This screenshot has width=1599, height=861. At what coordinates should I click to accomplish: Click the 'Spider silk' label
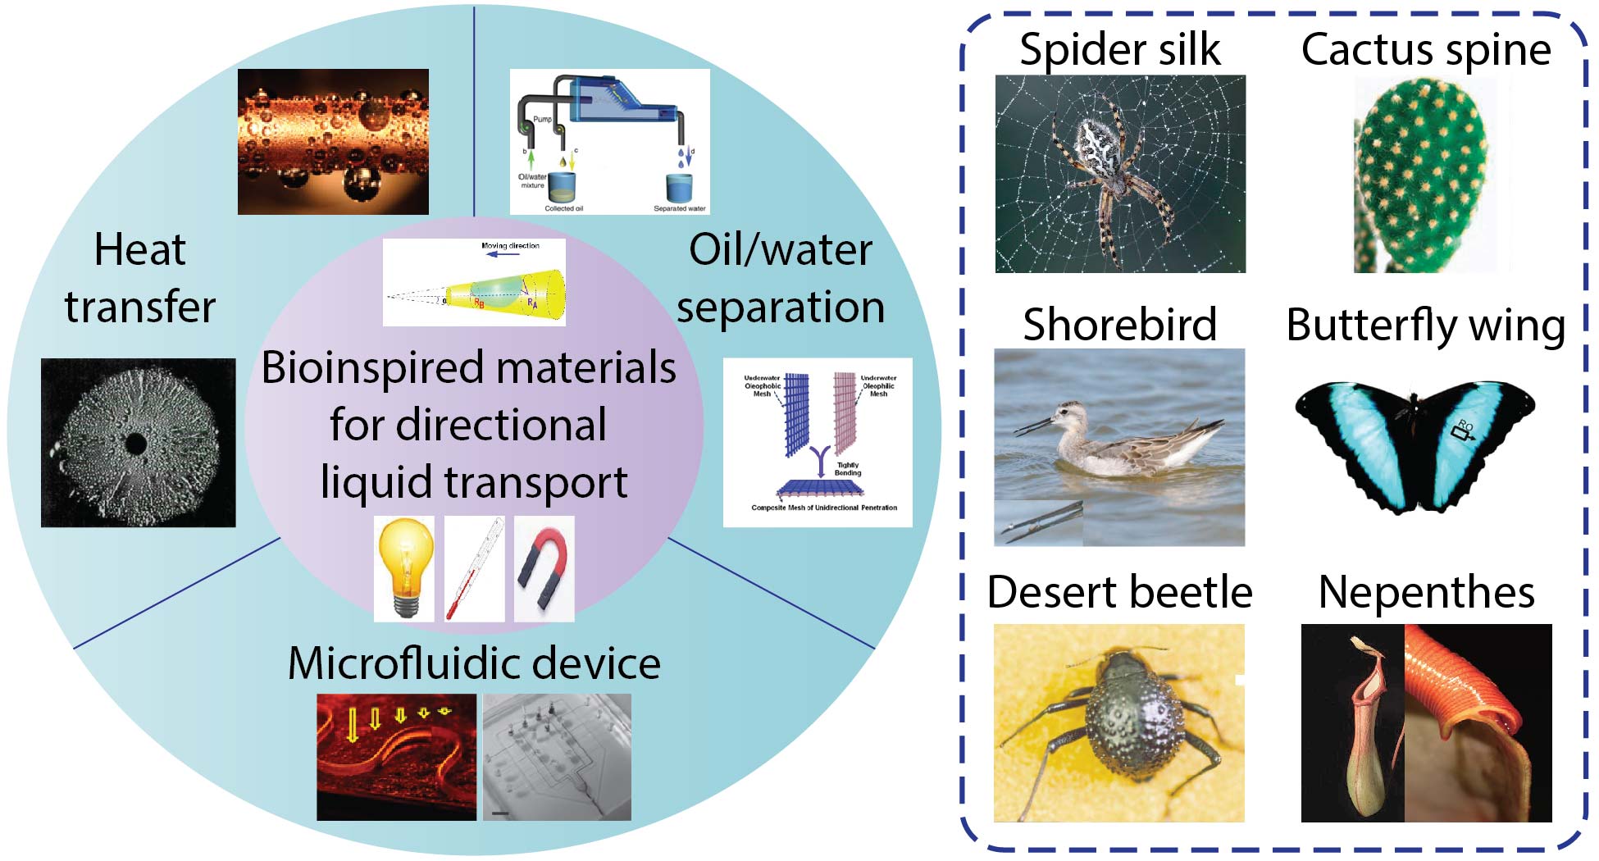pos(1119,49)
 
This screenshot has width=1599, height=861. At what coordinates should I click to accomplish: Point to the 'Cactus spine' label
pos(1426,49)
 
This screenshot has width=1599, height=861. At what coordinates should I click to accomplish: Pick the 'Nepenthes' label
pos(1426,592)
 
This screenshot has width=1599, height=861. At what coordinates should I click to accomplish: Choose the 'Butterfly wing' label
pos(1426,325)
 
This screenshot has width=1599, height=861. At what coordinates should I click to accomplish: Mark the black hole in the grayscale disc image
pos(135,444)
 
